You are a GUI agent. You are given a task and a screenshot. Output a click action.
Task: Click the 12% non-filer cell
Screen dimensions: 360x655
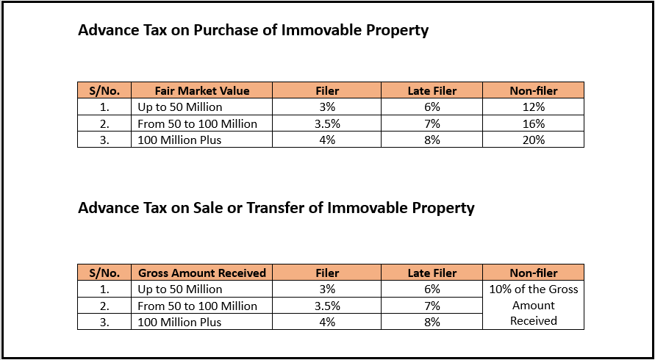click(533, 107)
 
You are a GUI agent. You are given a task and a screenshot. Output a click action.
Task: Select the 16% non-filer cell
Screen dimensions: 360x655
click(533, 123)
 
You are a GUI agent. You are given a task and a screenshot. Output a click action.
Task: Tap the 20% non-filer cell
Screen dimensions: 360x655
click(533, 140)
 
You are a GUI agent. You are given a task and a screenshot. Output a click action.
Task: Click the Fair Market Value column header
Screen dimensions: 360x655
click(202, 91)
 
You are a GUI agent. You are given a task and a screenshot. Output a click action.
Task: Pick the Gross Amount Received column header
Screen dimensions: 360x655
click(202, 273)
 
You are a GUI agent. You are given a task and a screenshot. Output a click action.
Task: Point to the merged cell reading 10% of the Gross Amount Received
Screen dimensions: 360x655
click(534, 305)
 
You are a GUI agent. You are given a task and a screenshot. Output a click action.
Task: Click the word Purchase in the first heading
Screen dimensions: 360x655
click(233, 31)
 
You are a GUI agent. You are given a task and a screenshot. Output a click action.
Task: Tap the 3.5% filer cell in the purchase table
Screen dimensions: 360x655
click(327, 123)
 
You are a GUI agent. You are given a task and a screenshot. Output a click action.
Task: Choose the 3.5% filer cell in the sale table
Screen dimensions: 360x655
click(327, 306)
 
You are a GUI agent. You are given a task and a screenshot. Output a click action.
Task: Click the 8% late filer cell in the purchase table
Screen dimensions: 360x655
click(432, 140)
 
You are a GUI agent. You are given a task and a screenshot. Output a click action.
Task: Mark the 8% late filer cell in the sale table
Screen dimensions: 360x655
click(432, 322)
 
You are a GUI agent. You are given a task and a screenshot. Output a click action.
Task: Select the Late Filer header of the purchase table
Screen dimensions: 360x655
click(432, 91)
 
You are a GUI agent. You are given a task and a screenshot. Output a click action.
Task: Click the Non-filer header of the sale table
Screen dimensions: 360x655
click(534, 273)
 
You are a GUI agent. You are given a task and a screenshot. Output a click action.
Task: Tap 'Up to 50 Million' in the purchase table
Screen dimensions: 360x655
click(180, 107)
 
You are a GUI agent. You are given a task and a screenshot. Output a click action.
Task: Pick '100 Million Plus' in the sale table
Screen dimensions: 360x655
click(179, 322)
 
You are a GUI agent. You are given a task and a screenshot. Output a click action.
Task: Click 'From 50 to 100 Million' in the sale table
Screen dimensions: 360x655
click(198, 306)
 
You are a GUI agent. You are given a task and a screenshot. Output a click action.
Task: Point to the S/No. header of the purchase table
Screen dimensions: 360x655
click(104, 91)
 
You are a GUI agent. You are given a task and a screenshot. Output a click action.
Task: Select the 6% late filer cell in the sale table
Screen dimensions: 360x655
click(432, 289)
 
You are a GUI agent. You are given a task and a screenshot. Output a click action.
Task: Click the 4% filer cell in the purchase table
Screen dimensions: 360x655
click(327, 140)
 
